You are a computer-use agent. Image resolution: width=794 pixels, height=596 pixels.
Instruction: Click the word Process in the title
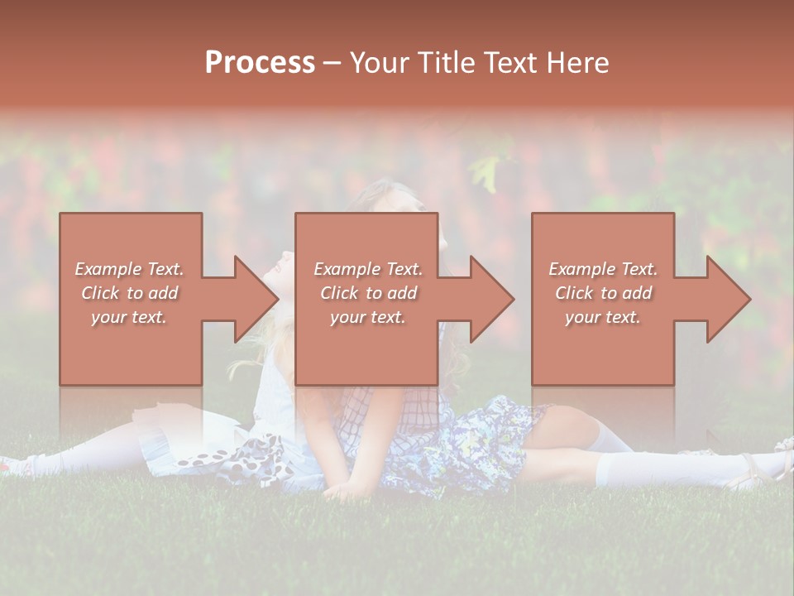(260, 63)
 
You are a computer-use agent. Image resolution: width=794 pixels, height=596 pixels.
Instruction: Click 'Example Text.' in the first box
(129, 269)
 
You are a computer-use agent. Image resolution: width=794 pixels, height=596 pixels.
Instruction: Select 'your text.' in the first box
(129, 317)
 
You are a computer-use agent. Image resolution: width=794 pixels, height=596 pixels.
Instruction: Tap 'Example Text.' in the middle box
(368, 269)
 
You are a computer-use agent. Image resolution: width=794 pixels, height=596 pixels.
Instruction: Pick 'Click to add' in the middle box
(368, 293)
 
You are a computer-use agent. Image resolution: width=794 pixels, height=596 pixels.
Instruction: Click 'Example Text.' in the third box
(603, 269)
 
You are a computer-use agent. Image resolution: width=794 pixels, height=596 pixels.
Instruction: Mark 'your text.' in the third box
(603, 317)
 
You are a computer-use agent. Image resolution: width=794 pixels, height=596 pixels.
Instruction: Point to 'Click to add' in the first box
(129, 293)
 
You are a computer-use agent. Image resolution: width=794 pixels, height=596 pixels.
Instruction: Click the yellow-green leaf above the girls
(485, 171)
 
